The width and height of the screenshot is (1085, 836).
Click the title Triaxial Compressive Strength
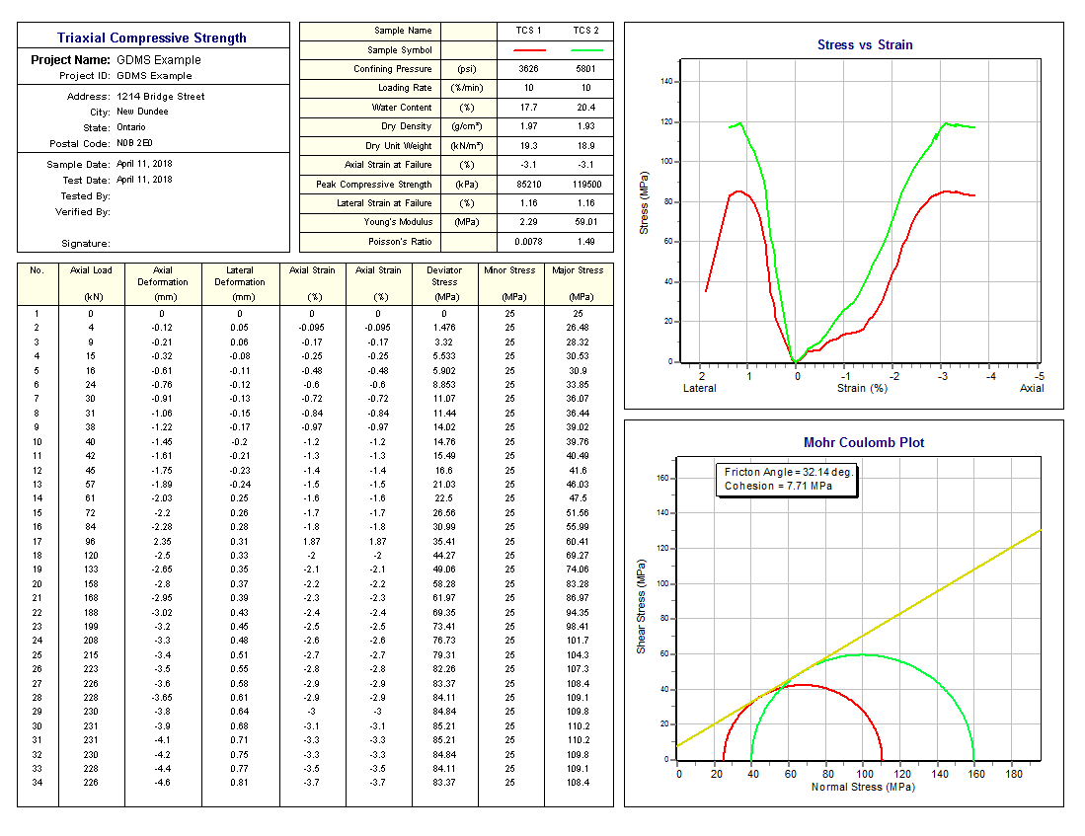click(x=152, y=38)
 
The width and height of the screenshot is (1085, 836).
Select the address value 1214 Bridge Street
click(x=161, y=97)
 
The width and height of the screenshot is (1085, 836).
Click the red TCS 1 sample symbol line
click(x=529, y=49)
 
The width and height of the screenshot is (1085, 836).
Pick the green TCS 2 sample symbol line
click(x=586, y=49)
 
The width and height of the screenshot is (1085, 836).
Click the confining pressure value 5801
click(x=586, y=69)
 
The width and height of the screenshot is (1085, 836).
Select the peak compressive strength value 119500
click(x=586, y=185)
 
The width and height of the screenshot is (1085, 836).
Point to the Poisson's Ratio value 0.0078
click(x=529, y=242)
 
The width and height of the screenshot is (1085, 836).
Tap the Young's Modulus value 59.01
click(x=586, y=222)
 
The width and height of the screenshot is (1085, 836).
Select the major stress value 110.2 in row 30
click(x=578, y=726)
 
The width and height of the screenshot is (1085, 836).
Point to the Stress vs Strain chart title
click(x=865, y=44)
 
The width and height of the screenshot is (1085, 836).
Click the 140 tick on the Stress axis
click(x=666, y=82)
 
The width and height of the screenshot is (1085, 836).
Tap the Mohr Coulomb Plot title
click(x=864, y=443)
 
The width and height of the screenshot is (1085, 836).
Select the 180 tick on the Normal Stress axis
click(x=1013, y=775)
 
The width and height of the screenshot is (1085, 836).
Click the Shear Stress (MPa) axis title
click(x=641, y=612)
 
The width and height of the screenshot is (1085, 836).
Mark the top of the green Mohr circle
click(x=863, y=654)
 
